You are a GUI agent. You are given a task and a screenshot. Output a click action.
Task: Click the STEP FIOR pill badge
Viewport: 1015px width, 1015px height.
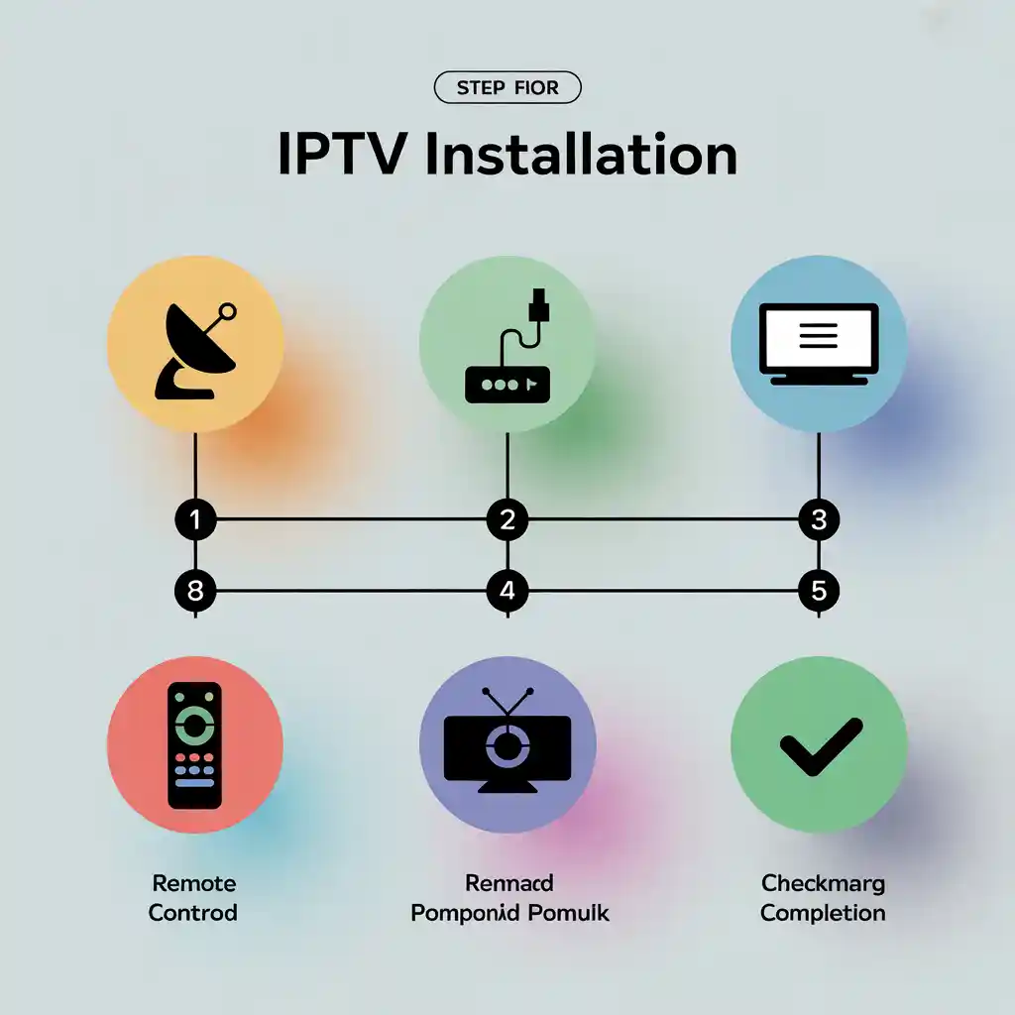507,88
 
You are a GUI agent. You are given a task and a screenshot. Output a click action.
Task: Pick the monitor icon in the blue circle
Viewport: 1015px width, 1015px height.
818,343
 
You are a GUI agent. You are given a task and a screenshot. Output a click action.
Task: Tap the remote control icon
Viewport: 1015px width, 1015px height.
194,744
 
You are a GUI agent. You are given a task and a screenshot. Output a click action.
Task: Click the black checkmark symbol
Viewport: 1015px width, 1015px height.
821,745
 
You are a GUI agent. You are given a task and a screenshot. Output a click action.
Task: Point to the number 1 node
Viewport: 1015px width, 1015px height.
195,519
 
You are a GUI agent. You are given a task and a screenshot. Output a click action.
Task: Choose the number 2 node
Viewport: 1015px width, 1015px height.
507,519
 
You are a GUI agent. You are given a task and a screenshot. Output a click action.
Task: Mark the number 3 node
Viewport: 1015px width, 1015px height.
819,519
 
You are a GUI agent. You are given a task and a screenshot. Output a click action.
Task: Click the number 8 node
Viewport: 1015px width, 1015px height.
195,592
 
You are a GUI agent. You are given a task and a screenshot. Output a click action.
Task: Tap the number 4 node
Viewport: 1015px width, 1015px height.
507,592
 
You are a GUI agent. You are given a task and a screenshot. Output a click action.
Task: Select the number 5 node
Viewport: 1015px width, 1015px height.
819,592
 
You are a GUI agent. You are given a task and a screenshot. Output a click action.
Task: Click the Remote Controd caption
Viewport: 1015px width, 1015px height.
193,898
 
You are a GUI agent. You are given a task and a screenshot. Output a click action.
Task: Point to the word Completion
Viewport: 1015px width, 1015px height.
823,912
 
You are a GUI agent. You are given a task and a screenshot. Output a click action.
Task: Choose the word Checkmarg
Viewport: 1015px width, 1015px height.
823,883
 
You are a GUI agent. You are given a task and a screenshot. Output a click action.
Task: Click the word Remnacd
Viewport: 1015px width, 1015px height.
508,883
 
